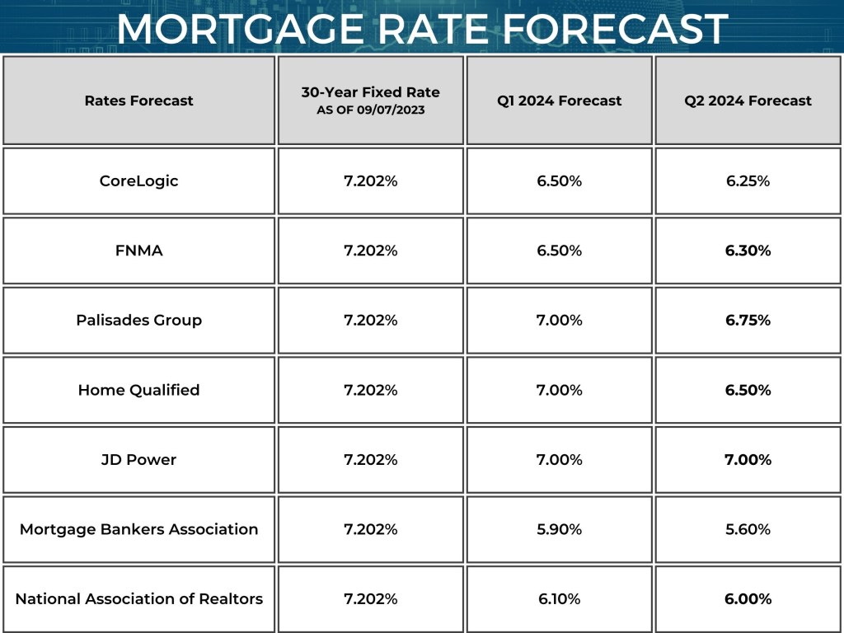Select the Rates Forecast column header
[x=138, y=101]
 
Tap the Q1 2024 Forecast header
[x=559, y=101]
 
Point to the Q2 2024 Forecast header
[x=748, y=101]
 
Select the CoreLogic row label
[x=138, y=181]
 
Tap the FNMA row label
[x=138, y=251]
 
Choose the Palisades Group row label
[x=138, y=320]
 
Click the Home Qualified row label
[x=138, y=390]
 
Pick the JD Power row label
[x=138, y=459]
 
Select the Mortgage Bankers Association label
[x=138, y=529]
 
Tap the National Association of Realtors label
[x=138, y=599]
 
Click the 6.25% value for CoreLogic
[x=748, y=181]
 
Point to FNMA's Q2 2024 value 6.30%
[x=748, y=251]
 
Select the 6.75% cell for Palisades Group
[x=748, y=320]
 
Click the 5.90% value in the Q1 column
[x=559, y=529]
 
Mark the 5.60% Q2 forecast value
[x=748, y=529]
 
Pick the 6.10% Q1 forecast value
[x=559, y=599]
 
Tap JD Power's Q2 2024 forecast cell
[x=748, y=459]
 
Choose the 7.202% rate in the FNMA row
[x=370, y=251]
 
